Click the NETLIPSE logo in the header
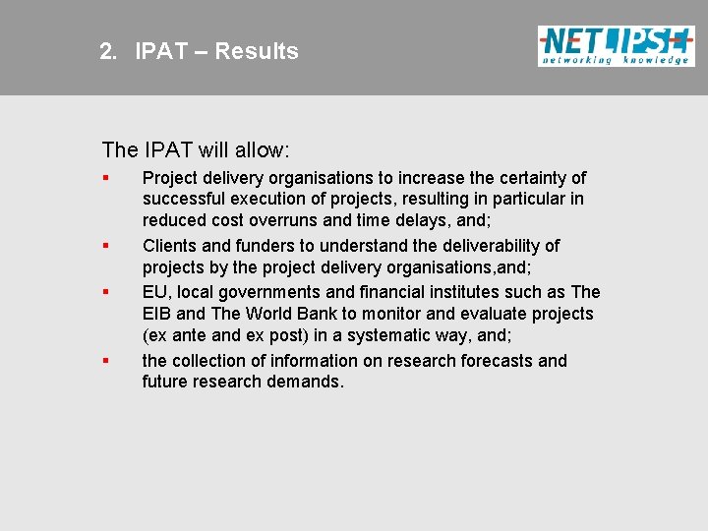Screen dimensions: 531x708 (x=615, y=45)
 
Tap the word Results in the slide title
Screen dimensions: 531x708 (x=257, y=51)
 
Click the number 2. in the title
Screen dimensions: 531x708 (x=108, y=51)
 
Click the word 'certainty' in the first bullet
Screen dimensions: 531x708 (x=531, y=178)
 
